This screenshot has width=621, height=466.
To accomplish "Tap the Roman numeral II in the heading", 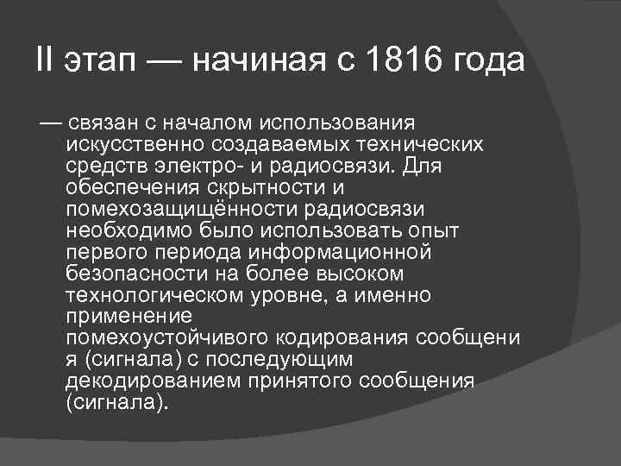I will pos(45,62).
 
